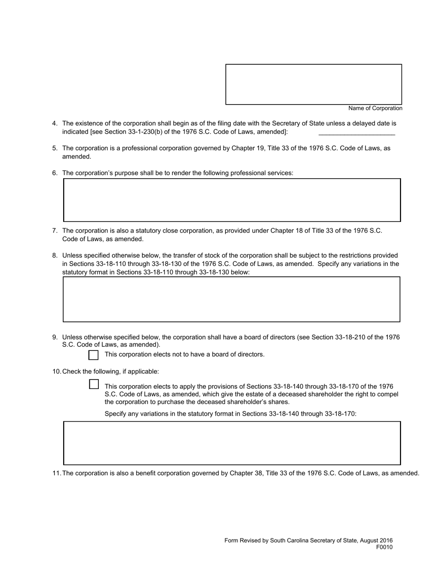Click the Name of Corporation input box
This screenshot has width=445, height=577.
[313, 84]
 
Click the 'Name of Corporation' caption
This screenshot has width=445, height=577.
[375, 108]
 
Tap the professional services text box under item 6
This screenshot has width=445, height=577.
[232, 200]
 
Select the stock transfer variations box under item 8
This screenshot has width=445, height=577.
[231, 299]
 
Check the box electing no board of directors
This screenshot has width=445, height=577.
[94, 355]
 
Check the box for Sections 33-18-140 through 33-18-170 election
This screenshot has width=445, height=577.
[94, 384]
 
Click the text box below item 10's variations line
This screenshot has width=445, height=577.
[232, 443]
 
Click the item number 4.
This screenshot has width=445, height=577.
[55, 123]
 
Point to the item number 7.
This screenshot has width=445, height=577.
[55, 231]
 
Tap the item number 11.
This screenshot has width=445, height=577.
[56, 473]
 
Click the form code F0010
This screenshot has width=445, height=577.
[384, 547]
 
